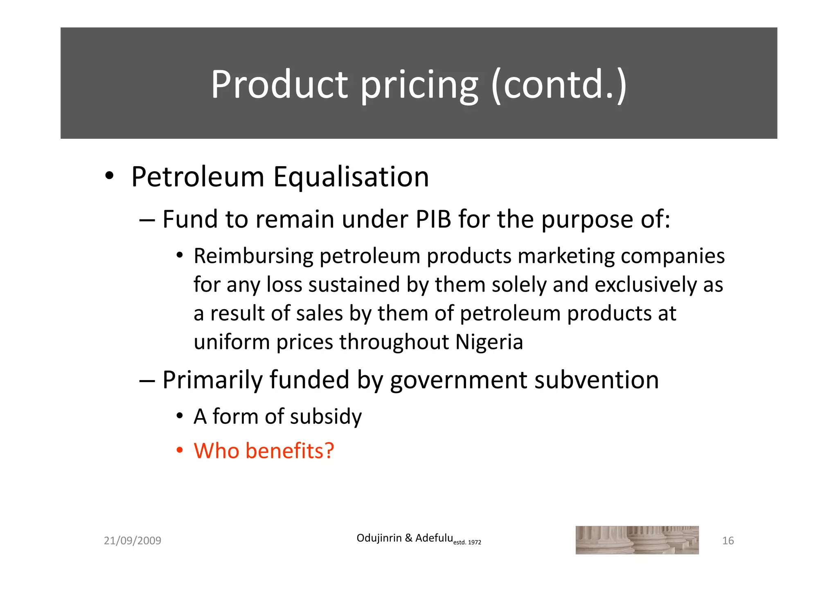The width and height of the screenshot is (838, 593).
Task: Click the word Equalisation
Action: coord(351,177)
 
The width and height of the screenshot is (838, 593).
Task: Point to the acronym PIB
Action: coord(433,219)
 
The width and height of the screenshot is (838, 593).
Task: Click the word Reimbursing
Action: coord(254,256)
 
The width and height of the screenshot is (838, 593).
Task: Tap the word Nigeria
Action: coord(489,342)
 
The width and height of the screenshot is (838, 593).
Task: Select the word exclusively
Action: coord(646,285)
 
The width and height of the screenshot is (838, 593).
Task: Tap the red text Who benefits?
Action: coord(264,451)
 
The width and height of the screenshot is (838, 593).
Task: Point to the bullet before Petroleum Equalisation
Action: coord(109,177)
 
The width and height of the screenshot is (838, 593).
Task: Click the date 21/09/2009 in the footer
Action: coord(133,541)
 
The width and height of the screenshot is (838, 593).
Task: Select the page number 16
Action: coord(728,541)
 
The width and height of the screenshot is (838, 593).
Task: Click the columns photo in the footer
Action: coord(637,540)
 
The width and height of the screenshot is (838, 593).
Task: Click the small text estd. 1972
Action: coord(467,542)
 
